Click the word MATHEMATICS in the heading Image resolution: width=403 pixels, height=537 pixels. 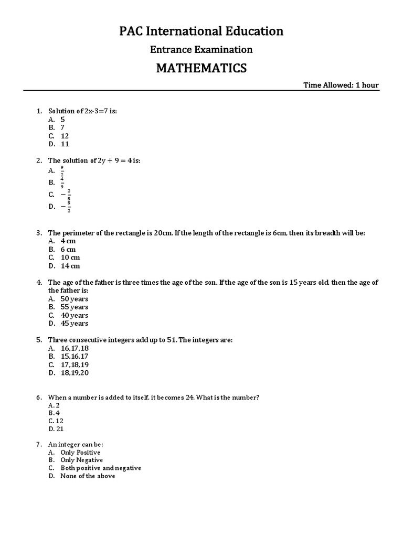pos(201,68)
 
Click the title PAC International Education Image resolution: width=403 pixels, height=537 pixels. pos(201,31)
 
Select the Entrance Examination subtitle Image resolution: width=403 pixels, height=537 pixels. pos(201,50)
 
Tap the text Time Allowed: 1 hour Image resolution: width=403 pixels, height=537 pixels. pos(341,85)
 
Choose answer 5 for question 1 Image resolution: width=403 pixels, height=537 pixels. pos(62,119)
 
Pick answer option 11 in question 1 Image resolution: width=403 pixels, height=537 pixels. pos(65,144)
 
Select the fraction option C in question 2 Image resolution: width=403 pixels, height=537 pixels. pos(66,195)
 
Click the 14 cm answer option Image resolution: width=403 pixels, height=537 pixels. pos(70,266)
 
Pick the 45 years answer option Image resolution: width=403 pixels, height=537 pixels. pos(74,323)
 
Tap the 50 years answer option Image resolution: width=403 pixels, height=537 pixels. pos(74,298)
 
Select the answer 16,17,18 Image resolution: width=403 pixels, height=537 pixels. pos(75,348)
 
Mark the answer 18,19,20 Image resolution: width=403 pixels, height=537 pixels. pos(75,373)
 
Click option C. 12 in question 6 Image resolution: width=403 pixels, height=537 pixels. pos(56,421)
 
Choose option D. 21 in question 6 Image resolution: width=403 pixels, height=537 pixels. pos(56,429)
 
